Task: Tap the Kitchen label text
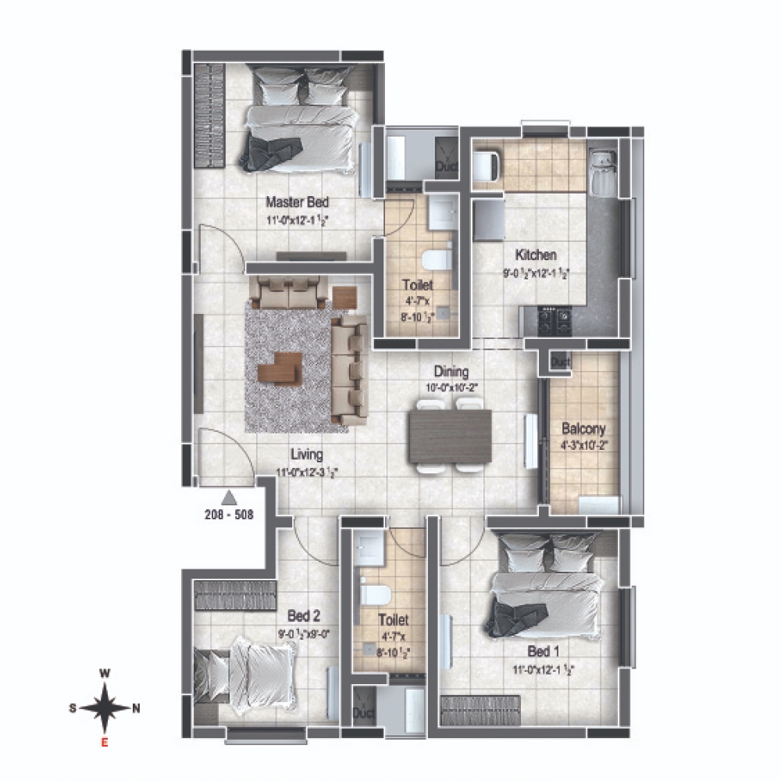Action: click(535, 255)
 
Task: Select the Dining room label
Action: click(452, 373)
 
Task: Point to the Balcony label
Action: click(584, 430)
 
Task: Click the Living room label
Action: click(307, 455)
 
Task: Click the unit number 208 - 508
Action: click(228, 515)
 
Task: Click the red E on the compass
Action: click(105, 743)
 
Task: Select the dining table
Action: click(451, 436)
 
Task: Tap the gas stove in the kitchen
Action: click(554, 317)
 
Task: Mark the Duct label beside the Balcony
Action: click(560, 362)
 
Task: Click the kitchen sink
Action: click(602, 172)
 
